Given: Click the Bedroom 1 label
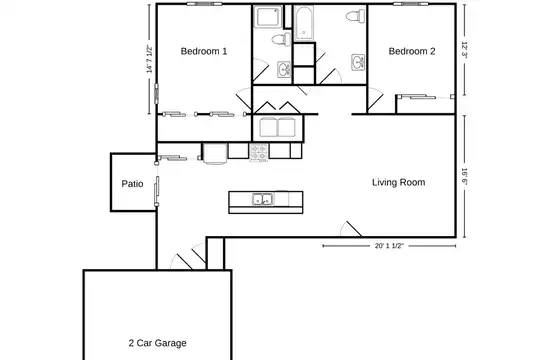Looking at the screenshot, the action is [x=204, y=51].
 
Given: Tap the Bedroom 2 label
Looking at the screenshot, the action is [x=412, y=51].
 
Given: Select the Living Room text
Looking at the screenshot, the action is [x=398, y=182].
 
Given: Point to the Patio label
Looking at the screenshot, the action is [x=132, y=184].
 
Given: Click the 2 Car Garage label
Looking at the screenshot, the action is [x=157, y=343].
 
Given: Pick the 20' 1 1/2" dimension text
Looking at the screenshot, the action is [x=389, y=246].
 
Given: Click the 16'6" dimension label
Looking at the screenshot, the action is [x=464, y=176].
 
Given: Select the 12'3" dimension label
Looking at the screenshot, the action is [x=464, y=50].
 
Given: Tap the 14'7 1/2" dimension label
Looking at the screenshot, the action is [x=149, y=59].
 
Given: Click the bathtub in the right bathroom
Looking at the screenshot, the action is [x=303, y=23].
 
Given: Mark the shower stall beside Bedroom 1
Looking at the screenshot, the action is [x=268, y=16].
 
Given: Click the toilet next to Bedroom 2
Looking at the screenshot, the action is [x=355, y=16].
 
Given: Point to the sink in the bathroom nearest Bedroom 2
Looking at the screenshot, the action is [x=358, y=62].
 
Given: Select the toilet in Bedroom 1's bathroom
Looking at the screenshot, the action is [x=282, y=39].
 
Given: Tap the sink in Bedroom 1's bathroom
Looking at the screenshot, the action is [x=284, y=70].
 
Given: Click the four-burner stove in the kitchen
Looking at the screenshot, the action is [x=259, y=152].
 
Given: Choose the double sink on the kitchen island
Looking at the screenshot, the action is [x=263, y=199].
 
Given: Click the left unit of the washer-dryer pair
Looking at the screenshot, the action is [x=268, y=127].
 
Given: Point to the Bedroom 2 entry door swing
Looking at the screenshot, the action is [x=375, y=100].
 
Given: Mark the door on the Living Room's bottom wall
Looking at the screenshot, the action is [x=351, y=229].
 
